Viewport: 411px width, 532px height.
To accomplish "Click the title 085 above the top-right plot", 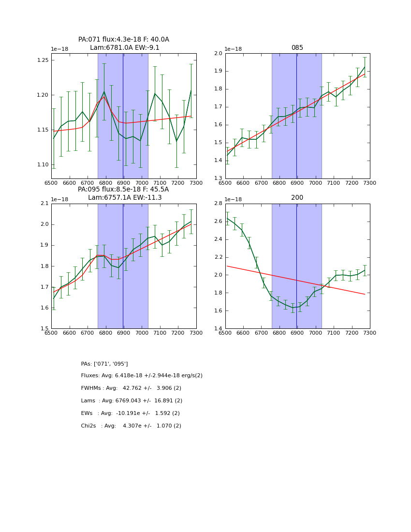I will point(297,48).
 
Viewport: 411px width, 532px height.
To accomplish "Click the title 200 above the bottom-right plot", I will point(297,198).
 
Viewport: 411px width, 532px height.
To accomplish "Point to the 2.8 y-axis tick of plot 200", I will point(218,204).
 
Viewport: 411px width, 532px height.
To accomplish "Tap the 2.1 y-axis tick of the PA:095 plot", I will point(44,204).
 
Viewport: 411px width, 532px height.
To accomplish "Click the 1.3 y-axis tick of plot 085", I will point(218,178).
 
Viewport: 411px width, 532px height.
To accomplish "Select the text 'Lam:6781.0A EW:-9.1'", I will point(124,48).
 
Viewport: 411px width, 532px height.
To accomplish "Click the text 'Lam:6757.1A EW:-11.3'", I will point(125,198).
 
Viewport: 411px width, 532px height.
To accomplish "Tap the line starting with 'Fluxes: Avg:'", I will point(142,376).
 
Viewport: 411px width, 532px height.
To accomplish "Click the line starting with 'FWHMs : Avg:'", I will point(131,388).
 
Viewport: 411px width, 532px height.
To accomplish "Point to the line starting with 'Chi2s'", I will point(131,426).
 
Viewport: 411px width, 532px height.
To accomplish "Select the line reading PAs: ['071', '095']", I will point(104,364).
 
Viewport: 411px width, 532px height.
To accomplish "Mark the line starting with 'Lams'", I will point(132,401).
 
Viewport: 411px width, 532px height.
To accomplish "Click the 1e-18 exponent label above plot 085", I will point(234,49).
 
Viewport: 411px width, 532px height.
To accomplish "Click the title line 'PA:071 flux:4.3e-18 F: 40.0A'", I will point(124,40).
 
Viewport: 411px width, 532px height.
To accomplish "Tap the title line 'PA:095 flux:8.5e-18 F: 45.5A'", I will point(123,190).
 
